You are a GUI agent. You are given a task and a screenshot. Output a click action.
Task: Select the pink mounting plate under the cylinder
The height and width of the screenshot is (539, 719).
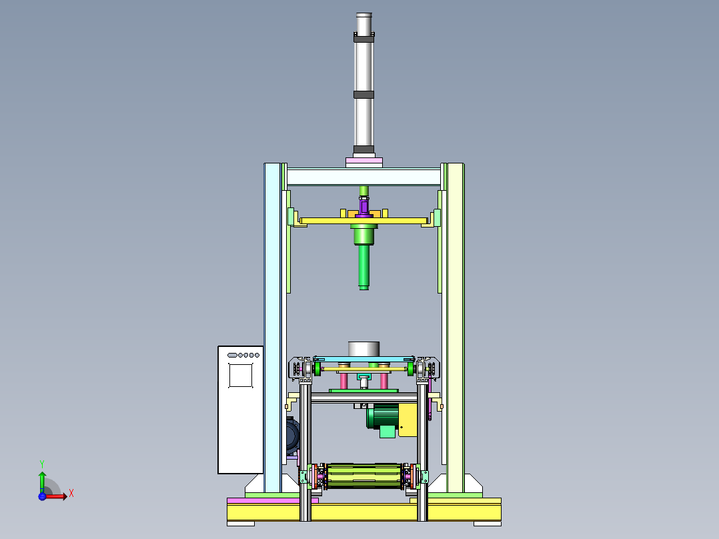point(364,161)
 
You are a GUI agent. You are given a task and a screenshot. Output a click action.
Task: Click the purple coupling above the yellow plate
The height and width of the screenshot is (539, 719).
point(364,206)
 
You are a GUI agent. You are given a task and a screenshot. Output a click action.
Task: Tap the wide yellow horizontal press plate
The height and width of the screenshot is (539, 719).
point(364,221)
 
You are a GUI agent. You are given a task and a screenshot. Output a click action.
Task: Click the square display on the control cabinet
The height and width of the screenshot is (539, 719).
point(241,376)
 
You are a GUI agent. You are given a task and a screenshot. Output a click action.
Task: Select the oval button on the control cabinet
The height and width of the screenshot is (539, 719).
point(232,355)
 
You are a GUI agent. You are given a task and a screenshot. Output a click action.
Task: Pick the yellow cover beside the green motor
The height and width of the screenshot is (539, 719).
point(408,420)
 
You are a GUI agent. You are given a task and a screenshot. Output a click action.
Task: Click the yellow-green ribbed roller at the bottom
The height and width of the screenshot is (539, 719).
point(364,476)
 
